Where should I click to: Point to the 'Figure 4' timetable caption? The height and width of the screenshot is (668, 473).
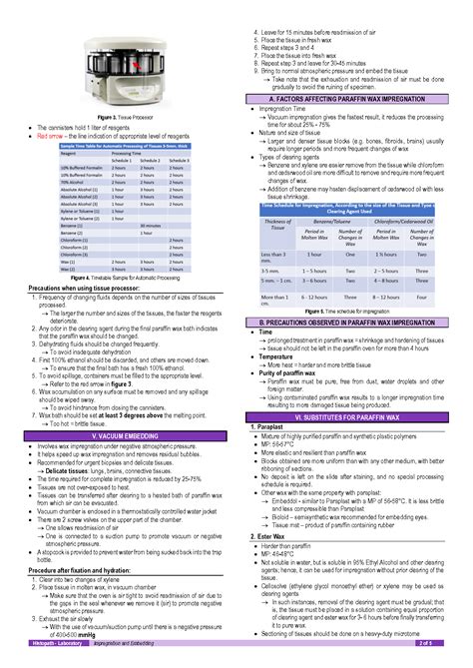tap(118, 276)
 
